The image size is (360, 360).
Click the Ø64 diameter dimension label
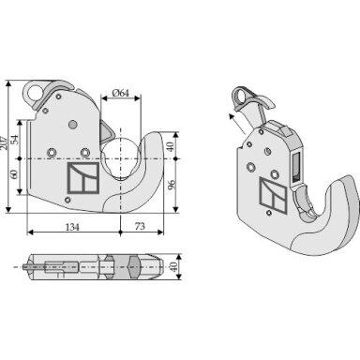[x=120, y=93]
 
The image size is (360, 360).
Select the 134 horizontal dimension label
[x=72, y=227]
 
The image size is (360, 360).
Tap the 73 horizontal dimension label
[x=140, y=226]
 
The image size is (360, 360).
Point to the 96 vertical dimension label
[x=172, y=185]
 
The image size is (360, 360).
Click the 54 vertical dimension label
[x=14, y=139]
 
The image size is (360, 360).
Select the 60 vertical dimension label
[x=14, y=173]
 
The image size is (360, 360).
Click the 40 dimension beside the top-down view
[x=173, y=266]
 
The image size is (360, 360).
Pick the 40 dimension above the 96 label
[x=170, y=146]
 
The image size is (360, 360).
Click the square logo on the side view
[x=83, y=178]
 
